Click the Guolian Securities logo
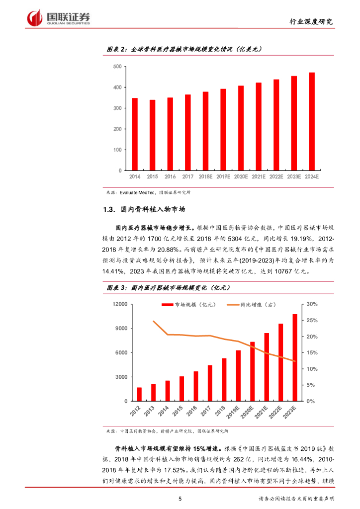pos(59,17)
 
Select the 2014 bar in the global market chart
pos(134,134)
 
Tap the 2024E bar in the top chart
pos(311,121)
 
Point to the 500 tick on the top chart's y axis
pos(117,67)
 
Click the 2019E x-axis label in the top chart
pos(223,176)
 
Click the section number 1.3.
pos(109,210)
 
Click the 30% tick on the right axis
pos(312,304)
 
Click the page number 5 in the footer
pos(180,499)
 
